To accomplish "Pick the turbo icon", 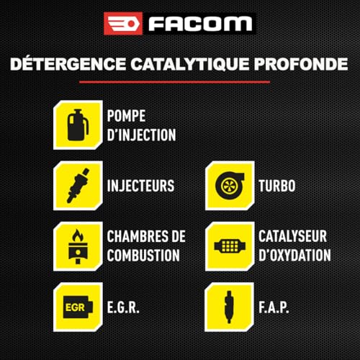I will click(x=230, y=186).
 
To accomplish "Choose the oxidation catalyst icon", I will click(x=230, y=246).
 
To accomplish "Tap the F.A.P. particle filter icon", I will click(x=230, y=306).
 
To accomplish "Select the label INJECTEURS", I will click(x=140, y=186).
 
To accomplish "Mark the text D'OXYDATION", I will click(x=294, y=256).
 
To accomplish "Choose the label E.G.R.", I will click(x=124, y=306).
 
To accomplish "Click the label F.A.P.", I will click(x=274, y=306).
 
